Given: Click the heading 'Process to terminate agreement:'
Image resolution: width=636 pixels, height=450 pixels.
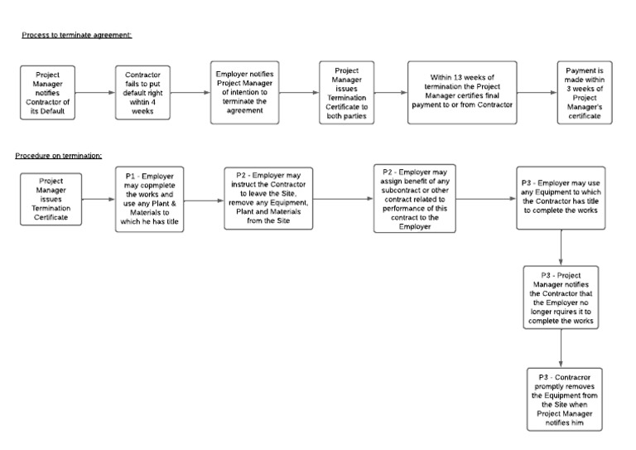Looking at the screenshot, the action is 76,35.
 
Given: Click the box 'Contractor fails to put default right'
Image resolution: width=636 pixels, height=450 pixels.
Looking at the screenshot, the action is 142,93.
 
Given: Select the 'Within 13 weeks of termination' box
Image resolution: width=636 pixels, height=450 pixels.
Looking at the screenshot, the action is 472,93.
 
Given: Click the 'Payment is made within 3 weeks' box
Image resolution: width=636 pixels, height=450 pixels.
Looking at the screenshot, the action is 584,93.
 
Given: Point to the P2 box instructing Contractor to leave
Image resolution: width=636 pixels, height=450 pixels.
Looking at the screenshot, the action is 269,199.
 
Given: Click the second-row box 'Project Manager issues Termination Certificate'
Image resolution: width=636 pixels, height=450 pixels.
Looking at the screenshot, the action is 50,199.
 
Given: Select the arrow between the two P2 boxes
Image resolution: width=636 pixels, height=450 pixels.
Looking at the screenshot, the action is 343,199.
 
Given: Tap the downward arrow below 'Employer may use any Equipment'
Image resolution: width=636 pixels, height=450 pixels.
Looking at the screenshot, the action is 561,247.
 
